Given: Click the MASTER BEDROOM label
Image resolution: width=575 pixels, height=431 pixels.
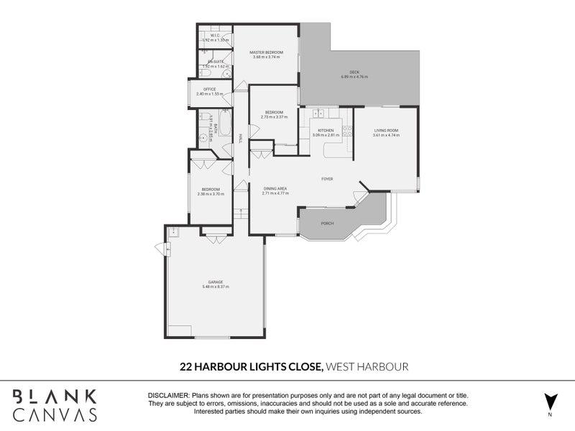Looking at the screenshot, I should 266,52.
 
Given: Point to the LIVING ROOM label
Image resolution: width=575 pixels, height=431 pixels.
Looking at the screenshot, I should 385,130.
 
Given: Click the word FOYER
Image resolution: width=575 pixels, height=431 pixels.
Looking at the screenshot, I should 326,179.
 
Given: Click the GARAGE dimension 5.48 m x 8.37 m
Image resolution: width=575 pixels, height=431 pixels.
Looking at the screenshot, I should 216,287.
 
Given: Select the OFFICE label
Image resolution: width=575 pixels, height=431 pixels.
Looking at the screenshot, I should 209,89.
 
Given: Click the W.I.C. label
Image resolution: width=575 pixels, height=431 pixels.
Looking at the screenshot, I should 214,35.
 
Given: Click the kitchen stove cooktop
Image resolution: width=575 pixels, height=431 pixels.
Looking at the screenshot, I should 346,130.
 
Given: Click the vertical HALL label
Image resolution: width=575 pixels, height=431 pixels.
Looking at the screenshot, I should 239,137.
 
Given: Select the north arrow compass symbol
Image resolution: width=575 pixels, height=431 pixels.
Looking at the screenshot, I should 551,400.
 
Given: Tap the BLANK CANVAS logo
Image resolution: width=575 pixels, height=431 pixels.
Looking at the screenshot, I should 55,405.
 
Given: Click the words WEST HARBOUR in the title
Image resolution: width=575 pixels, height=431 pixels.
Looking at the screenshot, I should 367,367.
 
